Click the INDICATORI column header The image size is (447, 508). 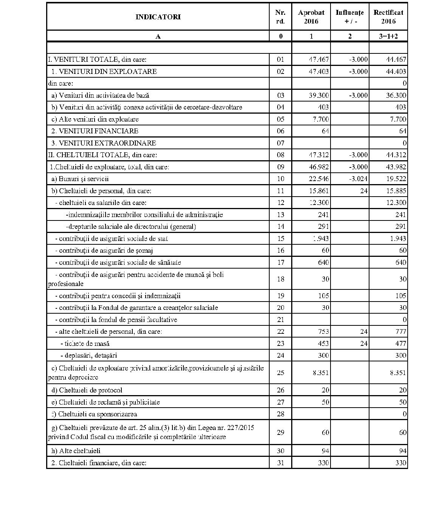tap(158, 17)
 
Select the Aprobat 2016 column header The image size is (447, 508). tap(311, 17)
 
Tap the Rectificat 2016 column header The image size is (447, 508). tap(388, 17)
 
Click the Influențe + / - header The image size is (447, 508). tap(350, 17)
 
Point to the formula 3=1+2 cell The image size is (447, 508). tap(388, 36)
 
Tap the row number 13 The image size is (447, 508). tap(281, 215)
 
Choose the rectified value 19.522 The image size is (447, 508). tap(396, 179)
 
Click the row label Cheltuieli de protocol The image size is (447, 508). tap(91, 390)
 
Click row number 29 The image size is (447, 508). tap(281, 433)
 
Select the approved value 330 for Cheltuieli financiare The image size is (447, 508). tap(323, 463)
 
